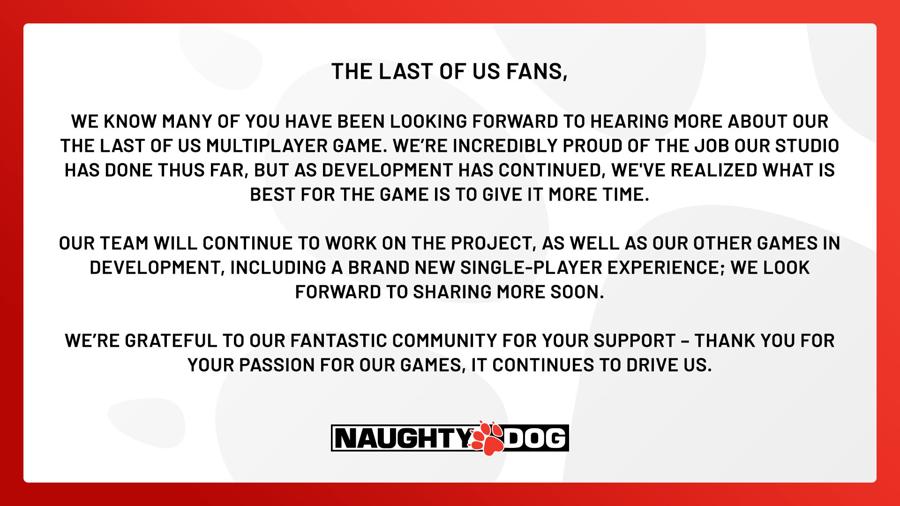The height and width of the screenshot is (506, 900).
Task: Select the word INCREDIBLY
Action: point(504,146)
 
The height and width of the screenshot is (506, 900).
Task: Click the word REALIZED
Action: point(714,170)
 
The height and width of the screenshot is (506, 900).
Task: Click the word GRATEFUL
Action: point(171,341)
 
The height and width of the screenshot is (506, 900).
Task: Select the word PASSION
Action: point(277,365)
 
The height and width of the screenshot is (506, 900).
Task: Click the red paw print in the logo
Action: point(487,438)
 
